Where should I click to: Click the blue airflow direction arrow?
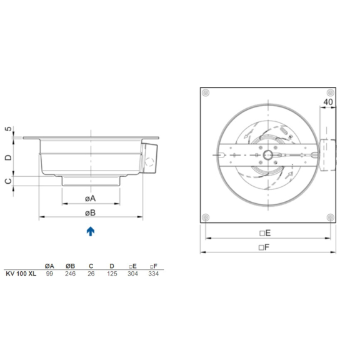91,232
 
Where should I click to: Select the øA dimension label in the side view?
91,198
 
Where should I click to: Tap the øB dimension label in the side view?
91,212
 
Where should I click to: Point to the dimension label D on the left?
7,157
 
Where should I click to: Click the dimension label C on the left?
7,181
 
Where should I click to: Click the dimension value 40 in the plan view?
329,101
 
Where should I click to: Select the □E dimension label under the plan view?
265,232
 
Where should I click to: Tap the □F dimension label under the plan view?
265,247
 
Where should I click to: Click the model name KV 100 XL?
21,274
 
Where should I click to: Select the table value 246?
70,274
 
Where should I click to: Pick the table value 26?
91,274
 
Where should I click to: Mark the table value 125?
111,274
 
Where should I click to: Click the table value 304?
132,274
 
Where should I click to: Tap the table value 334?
152,274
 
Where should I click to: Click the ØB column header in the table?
70,266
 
